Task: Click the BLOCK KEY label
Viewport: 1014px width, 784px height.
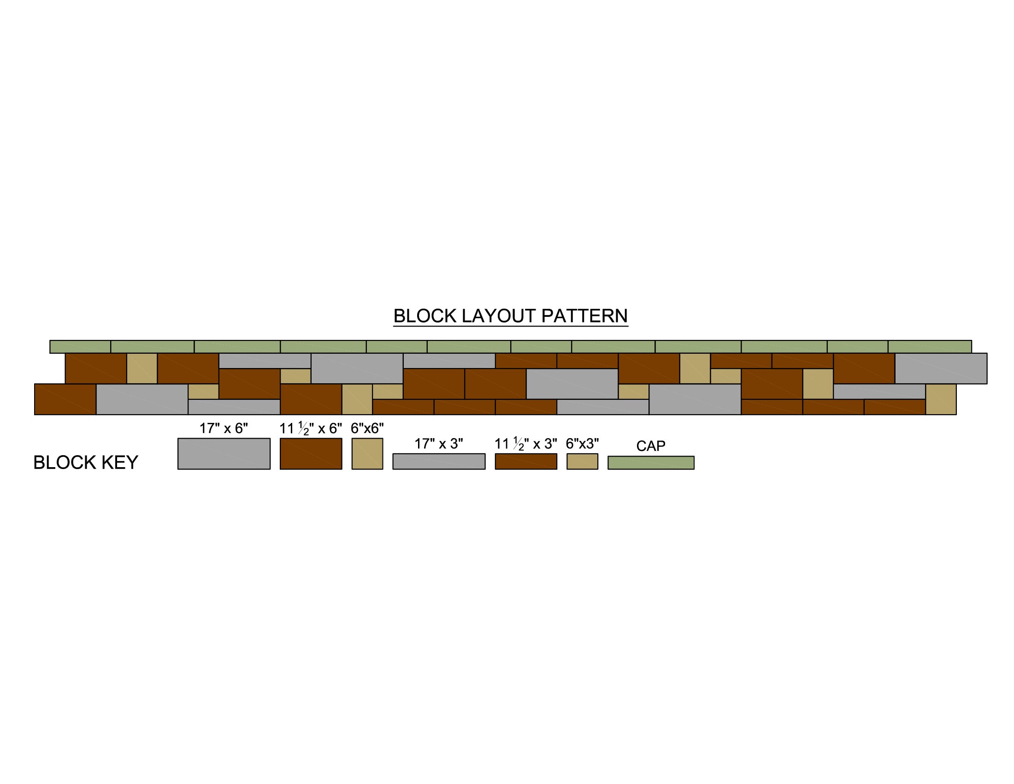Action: click(x=86, y=463)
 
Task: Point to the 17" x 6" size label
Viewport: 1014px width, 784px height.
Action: click(x=224, y=428)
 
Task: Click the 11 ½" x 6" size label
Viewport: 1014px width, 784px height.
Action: click(x=311, y=428)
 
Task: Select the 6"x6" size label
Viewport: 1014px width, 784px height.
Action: click(x=367, y=428)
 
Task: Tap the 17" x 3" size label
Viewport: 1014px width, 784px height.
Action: click(x=439, y=444)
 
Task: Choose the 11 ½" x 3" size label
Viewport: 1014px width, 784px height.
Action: click(x=525, y=444)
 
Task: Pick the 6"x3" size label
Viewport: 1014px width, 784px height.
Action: click(x=582, y=444)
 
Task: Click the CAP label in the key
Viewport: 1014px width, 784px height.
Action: click(x=651, y=446)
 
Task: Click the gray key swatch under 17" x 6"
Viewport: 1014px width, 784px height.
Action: click(x=224, y=454)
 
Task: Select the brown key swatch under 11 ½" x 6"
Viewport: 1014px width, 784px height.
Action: click(x=311, y=454)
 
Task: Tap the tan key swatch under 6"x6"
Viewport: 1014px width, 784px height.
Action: click(x=367, y=454)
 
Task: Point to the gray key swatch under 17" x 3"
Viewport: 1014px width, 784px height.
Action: click(x=439, y=462)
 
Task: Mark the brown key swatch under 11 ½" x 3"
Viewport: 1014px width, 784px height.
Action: click(x=526, y=462)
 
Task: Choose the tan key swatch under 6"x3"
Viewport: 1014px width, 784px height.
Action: click(x=582, y=462)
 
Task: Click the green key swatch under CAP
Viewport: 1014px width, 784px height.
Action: click(x=651, y=463)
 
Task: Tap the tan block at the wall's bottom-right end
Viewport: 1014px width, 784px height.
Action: click(x=941, y=399)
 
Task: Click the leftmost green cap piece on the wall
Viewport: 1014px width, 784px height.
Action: click(x=80, y=347)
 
